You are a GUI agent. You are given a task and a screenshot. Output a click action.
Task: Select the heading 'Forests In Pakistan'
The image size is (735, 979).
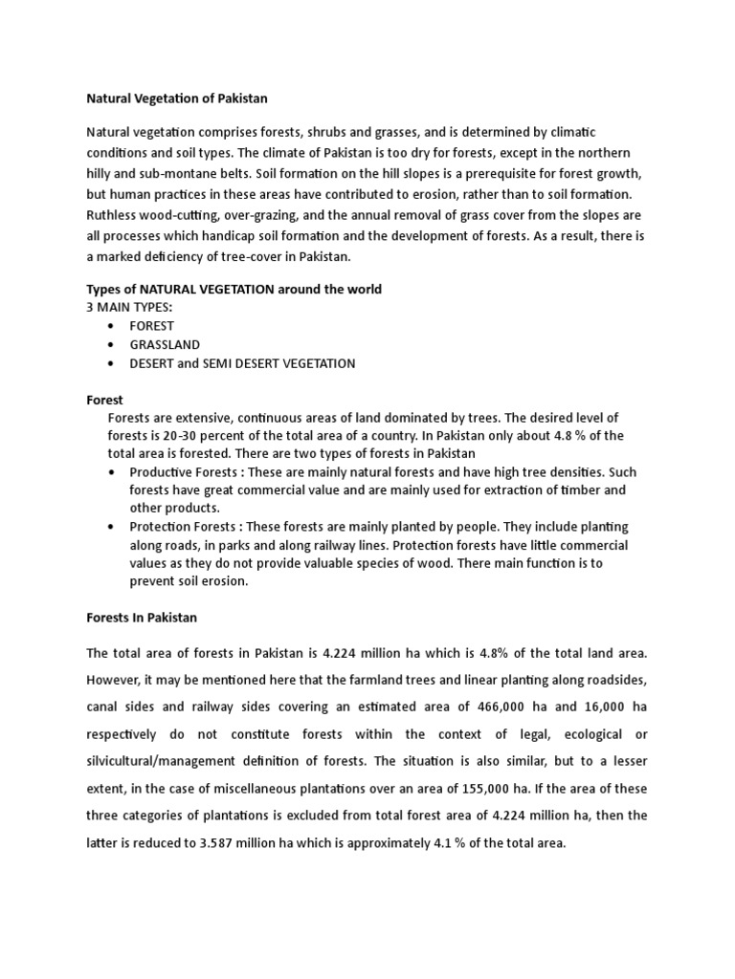click(x=142, y=618)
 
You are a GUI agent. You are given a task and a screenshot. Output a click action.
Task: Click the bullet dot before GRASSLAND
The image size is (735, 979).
click(x=113, y=345)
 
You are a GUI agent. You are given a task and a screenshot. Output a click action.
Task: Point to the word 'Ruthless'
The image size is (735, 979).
click(x=115, y=215)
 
